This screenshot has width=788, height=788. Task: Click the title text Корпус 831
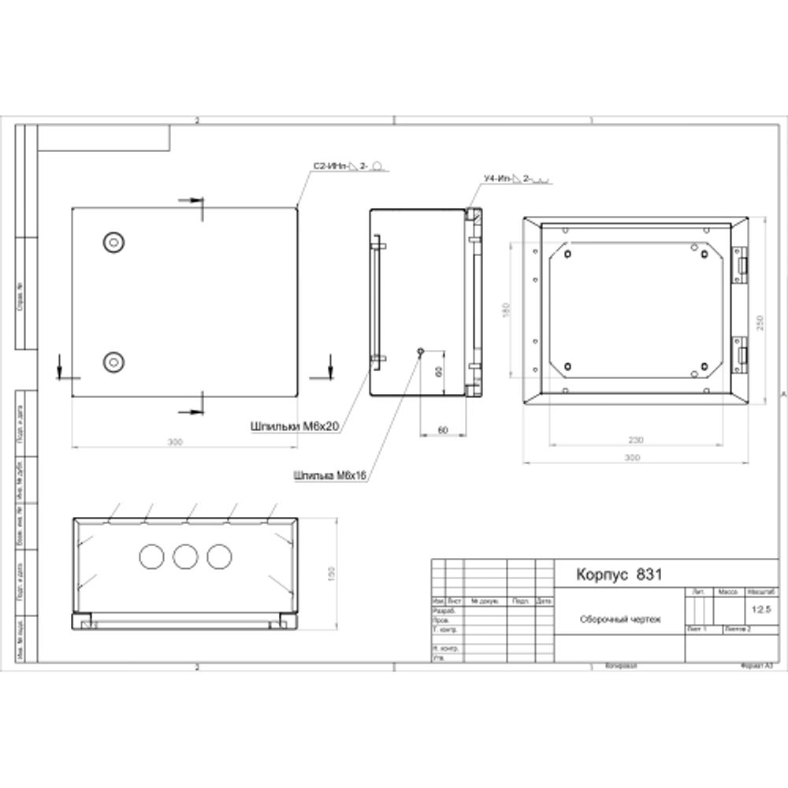(619, 574)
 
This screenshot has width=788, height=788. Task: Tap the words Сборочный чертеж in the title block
(620, 619)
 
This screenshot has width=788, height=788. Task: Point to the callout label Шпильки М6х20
(294, 426)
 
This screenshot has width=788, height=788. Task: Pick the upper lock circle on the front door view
(114, 241)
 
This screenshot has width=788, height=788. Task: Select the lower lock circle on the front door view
(114, 362)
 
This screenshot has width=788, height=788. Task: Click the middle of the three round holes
(184, 557)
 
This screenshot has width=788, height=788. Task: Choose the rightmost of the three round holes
(218, 557)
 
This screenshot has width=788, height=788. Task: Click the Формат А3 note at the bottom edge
(757, 666)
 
